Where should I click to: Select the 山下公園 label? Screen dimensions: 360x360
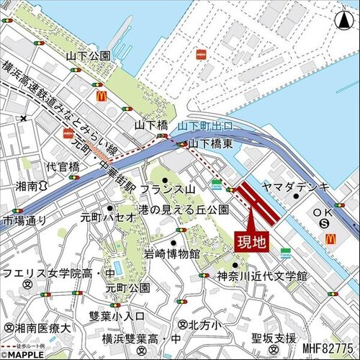(88, 55)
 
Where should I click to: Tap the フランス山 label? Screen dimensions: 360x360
(168, 189)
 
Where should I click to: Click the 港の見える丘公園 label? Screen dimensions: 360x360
(185, 210)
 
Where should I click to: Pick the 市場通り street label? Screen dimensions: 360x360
(25, 220)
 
